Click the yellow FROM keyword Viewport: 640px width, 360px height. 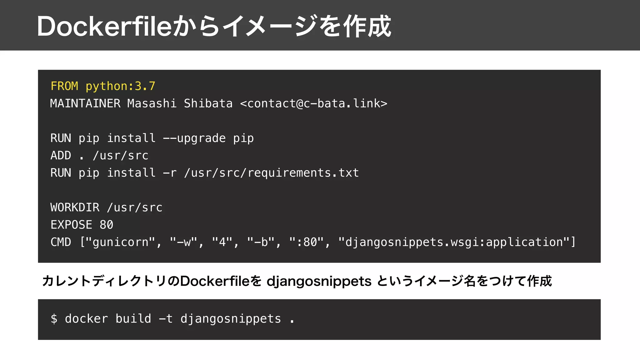coord(64,86)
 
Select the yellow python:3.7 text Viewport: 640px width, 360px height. coord(120,86)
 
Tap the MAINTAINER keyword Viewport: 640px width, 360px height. coord(85,103)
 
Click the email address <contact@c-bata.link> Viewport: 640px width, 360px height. coord(313,103)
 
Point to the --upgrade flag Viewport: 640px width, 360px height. coord(194,138)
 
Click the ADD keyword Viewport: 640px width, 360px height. coord(61,155)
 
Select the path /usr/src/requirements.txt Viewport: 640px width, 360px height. coord(272,173)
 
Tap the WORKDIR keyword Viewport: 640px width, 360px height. coord(75,207)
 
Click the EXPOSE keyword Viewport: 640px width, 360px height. coord(72,225)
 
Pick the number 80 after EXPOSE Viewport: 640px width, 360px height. coord(107,225)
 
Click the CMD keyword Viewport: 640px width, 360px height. coord(61,242)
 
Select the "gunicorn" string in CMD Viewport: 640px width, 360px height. coord(120,242)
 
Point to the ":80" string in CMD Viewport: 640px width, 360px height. coord(307,242)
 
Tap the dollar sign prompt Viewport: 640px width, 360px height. coord(54,319)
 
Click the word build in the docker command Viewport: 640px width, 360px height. coord(133,319)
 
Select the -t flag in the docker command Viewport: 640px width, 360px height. coord(166,319)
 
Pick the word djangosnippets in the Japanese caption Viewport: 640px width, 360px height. coord(319,281)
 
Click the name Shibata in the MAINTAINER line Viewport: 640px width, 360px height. coord(208,103)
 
